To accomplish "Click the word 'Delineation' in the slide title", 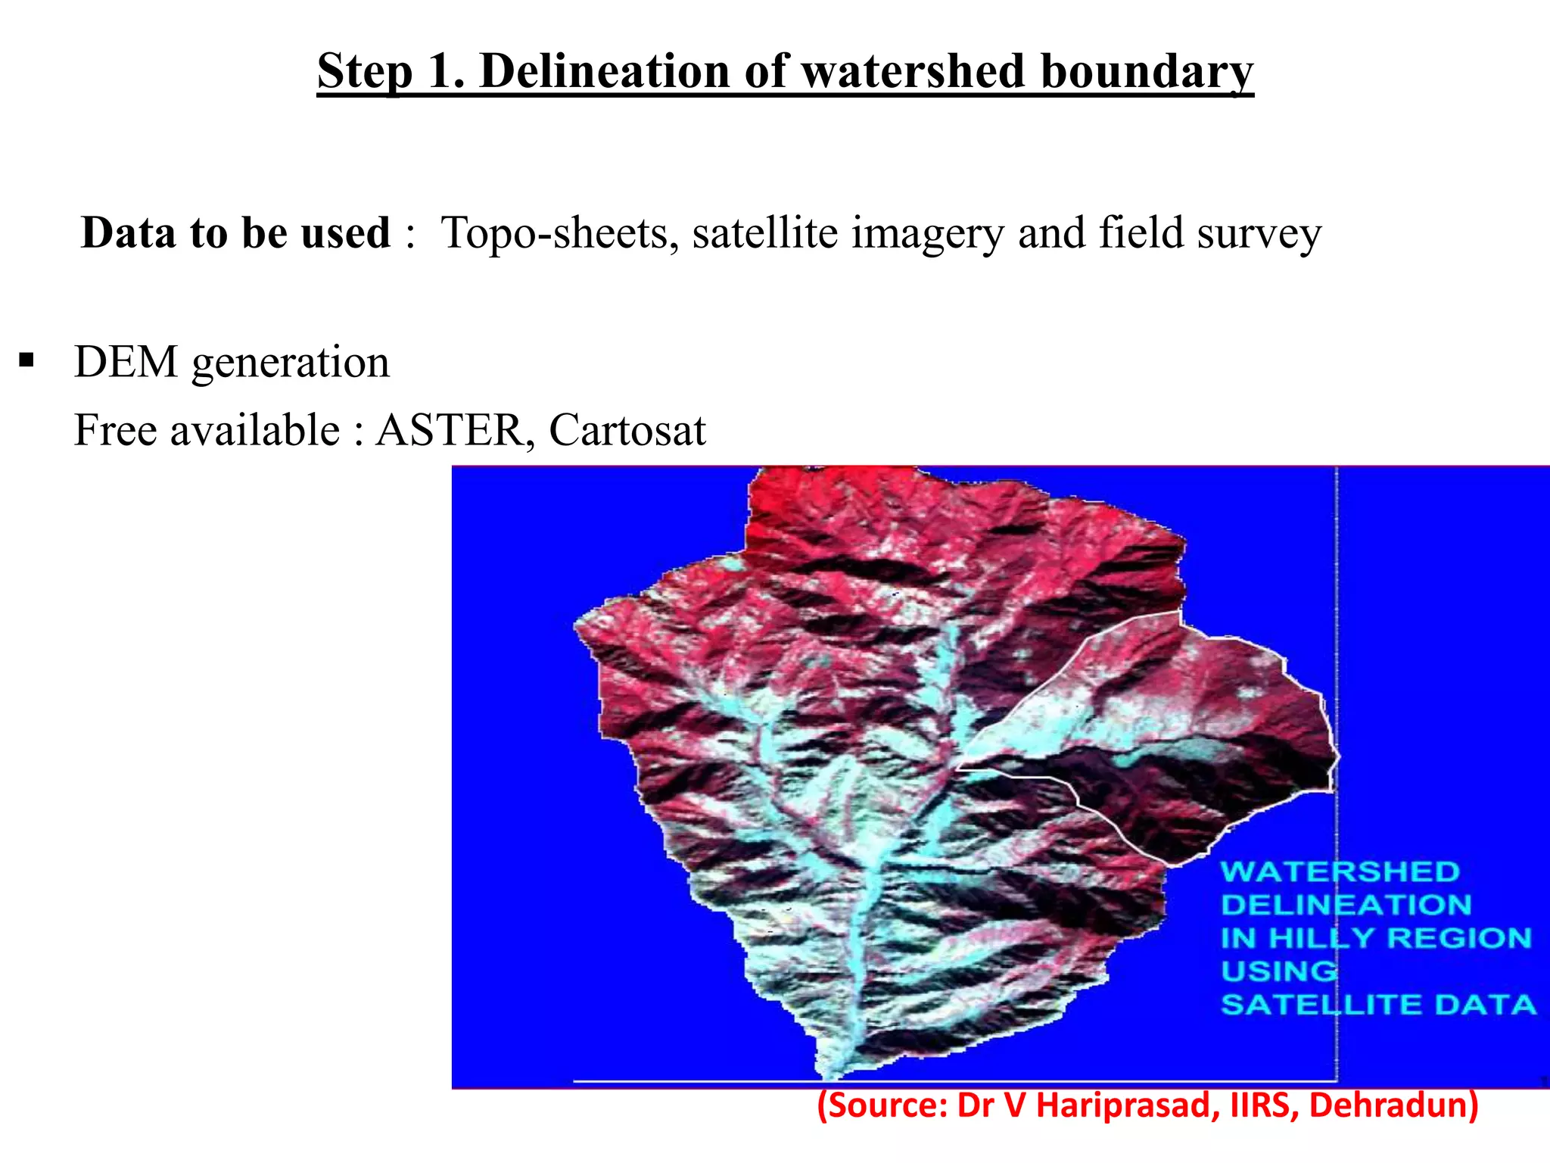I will click(x=605, y=72).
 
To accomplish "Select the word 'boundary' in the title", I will click(x=1147, y=72).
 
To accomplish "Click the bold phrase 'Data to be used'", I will click(x=235, y=232).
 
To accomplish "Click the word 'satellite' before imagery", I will click(x=764, y=232).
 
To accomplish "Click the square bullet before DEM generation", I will click(x=27, y=360).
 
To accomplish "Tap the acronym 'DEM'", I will click(x=126, y=362).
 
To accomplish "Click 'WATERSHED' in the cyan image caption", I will click(x=1340, y=871).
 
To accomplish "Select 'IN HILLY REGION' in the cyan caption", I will click(x=1376, y=938).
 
